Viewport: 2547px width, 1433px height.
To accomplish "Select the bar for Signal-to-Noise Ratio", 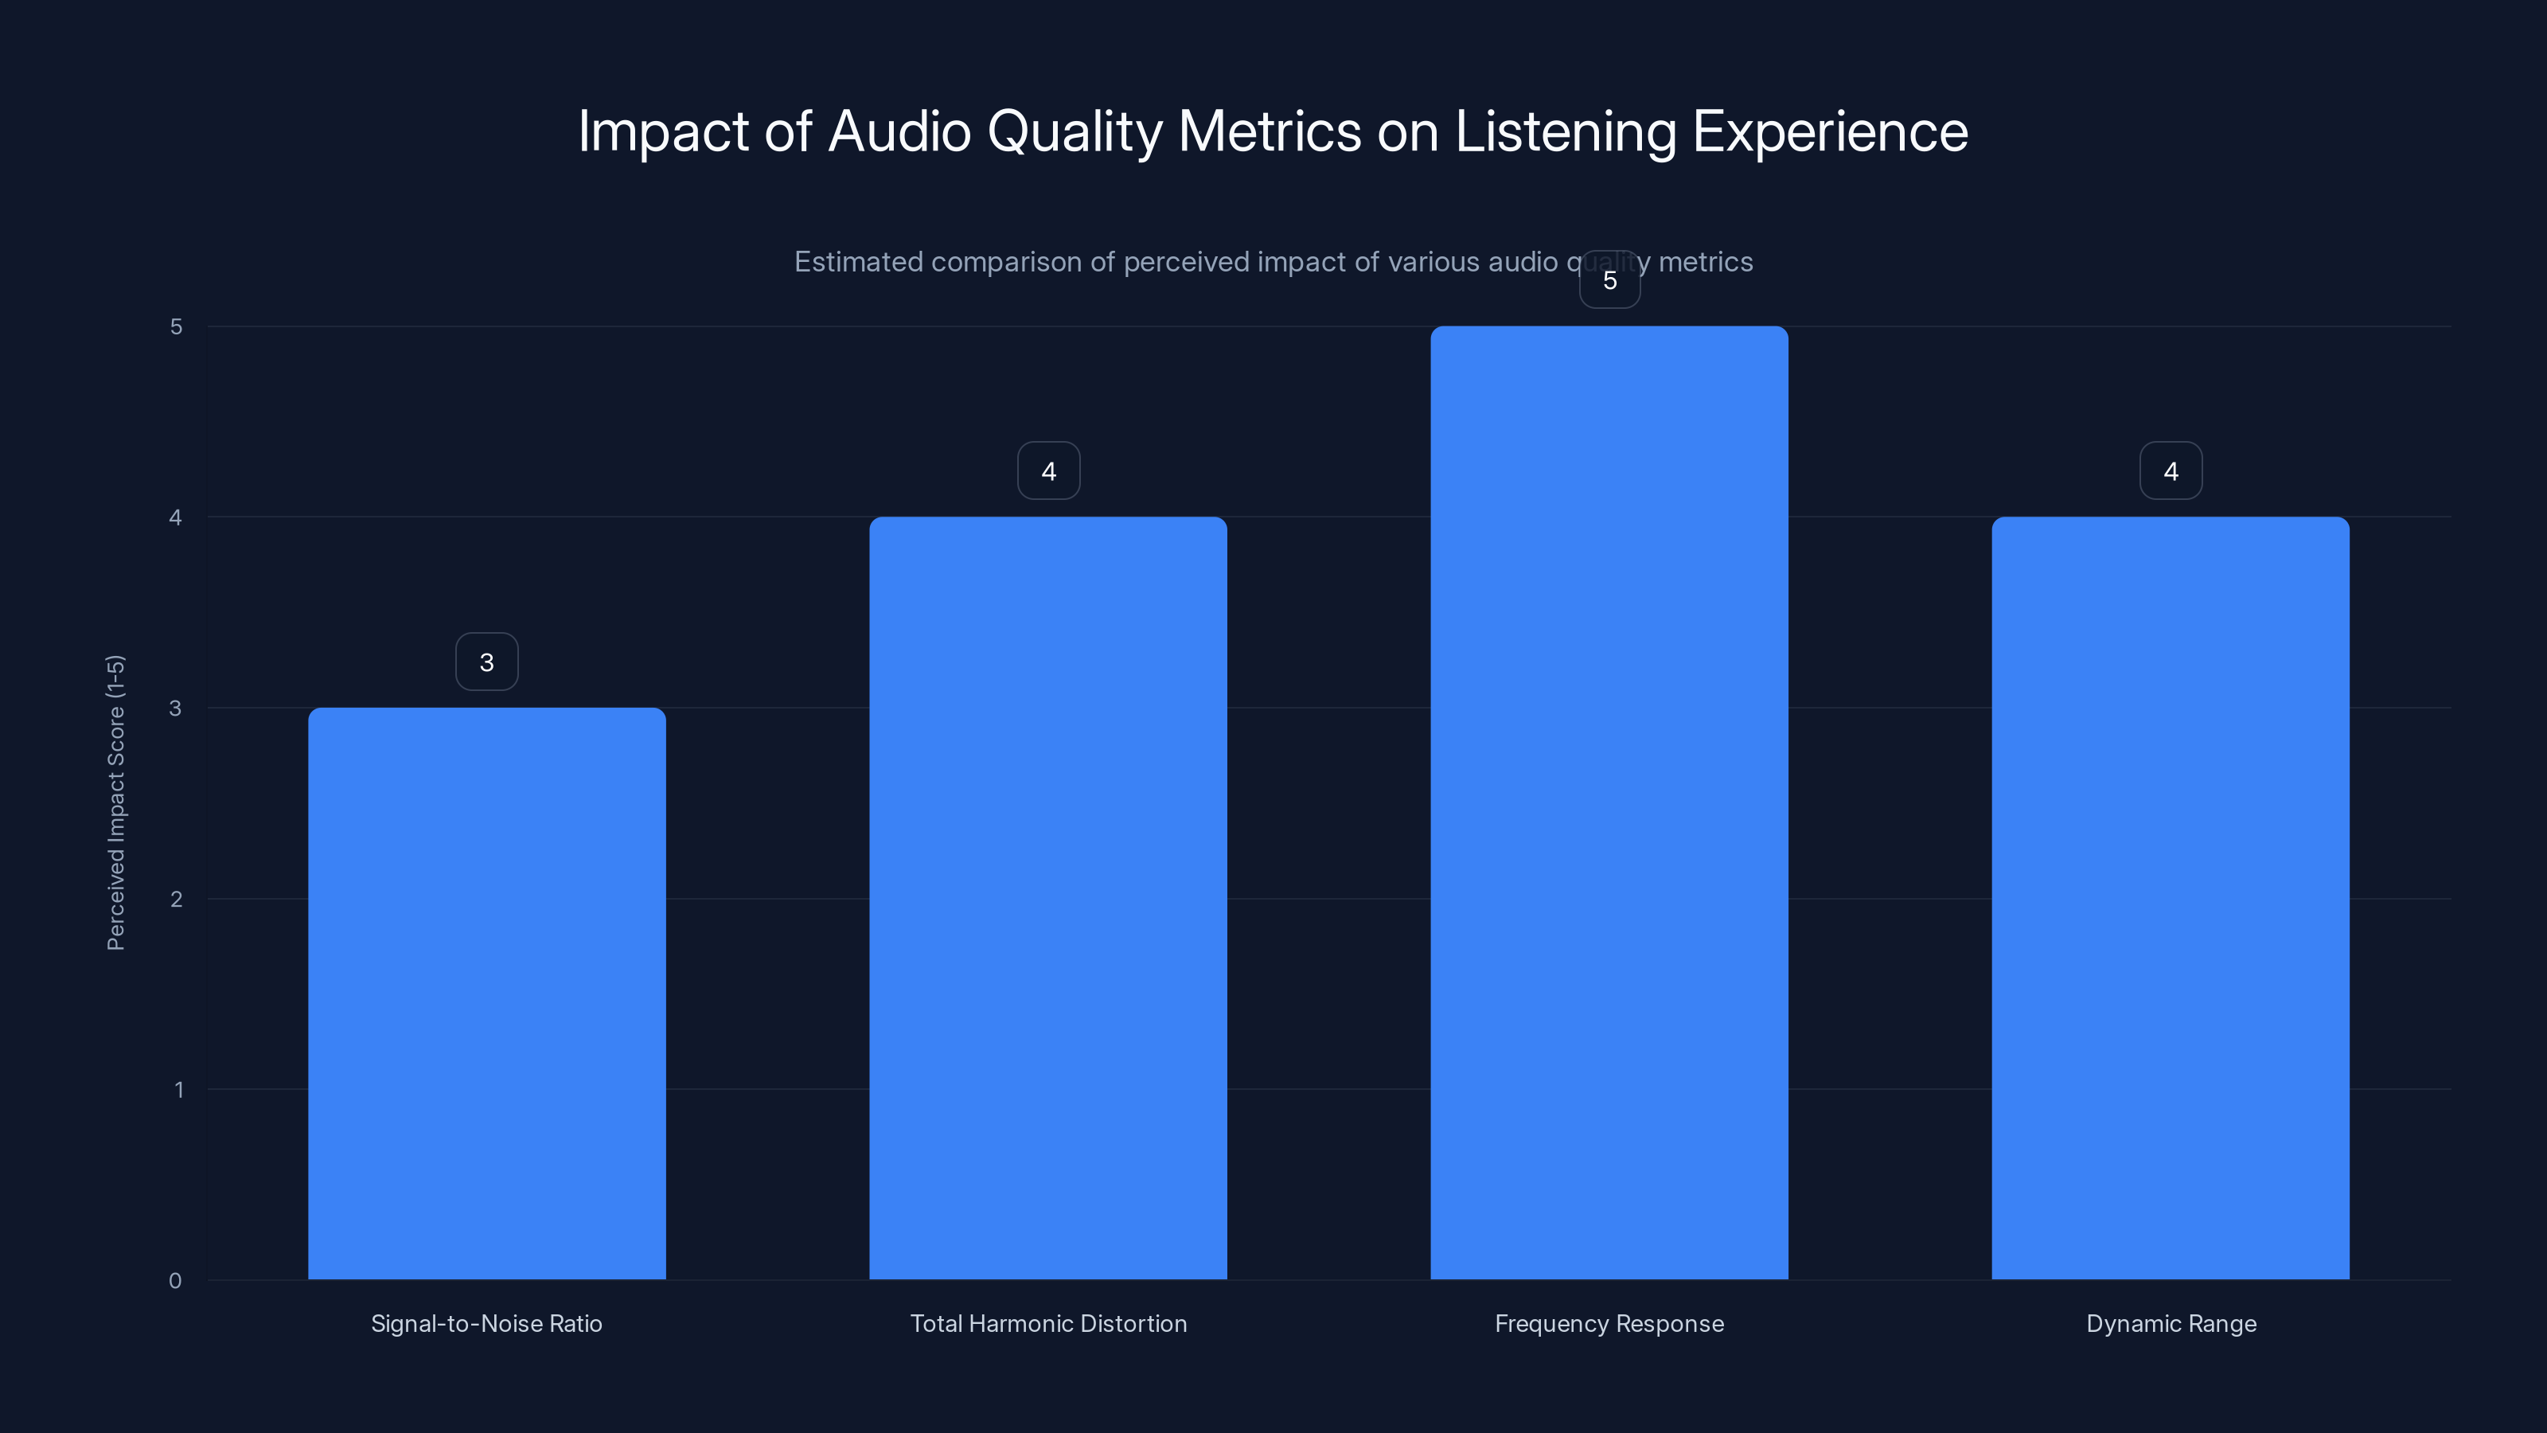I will tap(486, 993).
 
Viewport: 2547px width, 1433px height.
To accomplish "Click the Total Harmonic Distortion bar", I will tap(1048, 898).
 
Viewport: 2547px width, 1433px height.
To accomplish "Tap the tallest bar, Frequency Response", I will tap(1609, 802).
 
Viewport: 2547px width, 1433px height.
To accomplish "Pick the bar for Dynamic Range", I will tap(2171, 898).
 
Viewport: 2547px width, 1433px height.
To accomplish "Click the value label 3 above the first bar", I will tap(486, 662).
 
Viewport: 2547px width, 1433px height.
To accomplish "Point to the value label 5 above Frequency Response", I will tap(1609, 281).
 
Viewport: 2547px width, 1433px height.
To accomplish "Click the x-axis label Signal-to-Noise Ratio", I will tap(486, 1323).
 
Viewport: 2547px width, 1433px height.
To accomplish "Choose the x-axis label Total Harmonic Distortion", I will tap(1048, 1323).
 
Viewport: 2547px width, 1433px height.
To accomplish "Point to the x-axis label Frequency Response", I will tap(1609, 1323).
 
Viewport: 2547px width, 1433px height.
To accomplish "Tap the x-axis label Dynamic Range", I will tap(2171, 1323).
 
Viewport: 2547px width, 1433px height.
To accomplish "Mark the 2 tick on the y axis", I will tap(176, 899).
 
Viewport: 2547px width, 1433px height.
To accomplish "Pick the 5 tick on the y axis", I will tap(176, 327).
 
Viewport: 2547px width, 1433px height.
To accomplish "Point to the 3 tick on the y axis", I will tap(175, 708).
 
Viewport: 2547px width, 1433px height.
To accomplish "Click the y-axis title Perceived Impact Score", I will tap(115, 802).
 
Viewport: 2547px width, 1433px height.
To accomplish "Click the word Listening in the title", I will tap(1565, 131).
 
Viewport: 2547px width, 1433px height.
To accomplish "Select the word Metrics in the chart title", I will tap(1270, 131).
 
